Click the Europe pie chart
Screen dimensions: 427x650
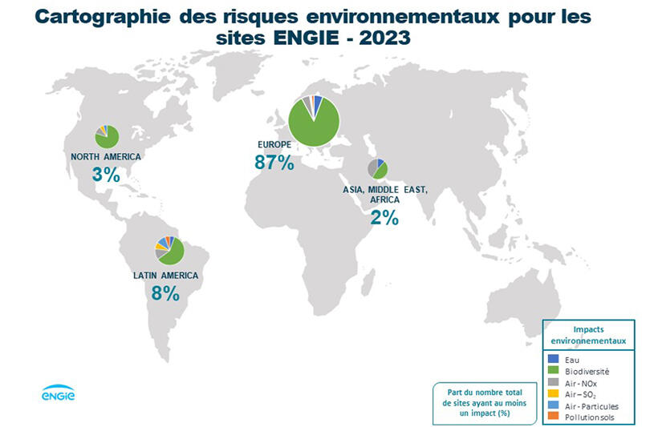tap(315, 121)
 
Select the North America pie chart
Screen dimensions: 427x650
tap(107, 136)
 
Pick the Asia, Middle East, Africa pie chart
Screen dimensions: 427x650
tap(378, 169)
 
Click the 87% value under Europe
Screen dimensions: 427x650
tap(274, 163)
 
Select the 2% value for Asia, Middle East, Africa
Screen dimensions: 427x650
tap(384, 217)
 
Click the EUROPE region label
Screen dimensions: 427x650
tap(274, 144)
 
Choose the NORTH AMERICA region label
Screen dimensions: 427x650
tap(106, 156)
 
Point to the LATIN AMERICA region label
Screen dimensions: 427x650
tap(165, 276)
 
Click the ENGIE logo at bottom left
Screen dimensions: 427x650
tap(58, 393)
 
